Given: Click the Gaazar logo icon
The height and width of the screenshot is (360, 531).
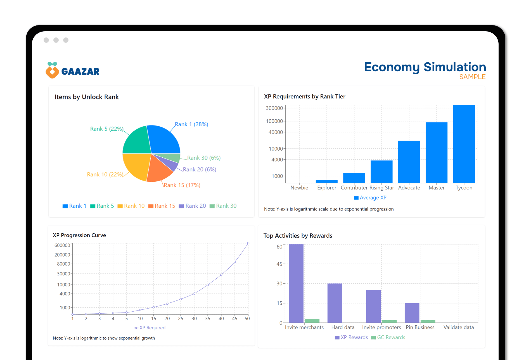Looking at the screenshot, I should (52, 70).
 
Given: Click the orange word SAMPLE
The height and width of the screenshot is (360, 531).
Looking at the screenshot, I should (472, 77).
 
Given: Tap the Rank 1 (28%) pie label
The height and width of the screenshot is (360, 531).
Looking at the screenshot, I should (191, 124).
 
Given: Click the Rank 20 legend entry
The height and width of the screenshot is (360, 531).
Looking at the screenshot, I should (193, 206).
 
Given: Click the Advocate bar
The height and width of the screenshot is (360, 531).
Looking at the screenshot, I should (409, 162).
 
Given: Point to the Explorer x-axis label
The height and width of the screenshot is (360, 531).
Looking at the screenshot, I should (327, 188).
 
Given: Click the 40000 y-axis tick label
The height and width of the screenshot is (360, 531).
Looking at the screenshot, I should (276, 132).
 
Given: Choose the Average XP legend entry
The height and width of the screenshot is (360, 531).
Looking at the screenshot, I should (370, 198).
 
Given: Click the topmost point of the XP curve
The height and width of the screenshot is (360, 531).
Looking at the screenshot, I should (248, 243).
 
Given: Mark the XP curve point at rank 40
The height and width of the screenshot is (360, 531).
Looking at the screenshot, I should (221, 275).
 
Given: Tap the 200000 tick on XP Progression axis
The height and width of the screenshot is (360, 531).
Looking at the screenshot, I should (62, 255).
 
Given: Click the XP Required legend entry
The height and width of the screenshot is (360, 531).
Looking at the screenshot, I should (150, 328).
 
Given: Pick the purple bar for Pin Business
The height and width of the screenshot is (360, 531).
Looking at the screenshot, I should (412, 313).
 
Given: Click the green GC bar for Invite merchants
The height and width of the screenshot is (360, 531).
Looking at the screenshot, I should (312, 321).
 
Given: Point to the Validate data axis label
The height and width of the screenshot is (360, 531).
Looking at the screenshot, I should (459, 327).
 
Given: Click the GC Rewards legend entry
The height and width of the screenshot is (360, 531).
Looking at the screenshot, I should (388, 337).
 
